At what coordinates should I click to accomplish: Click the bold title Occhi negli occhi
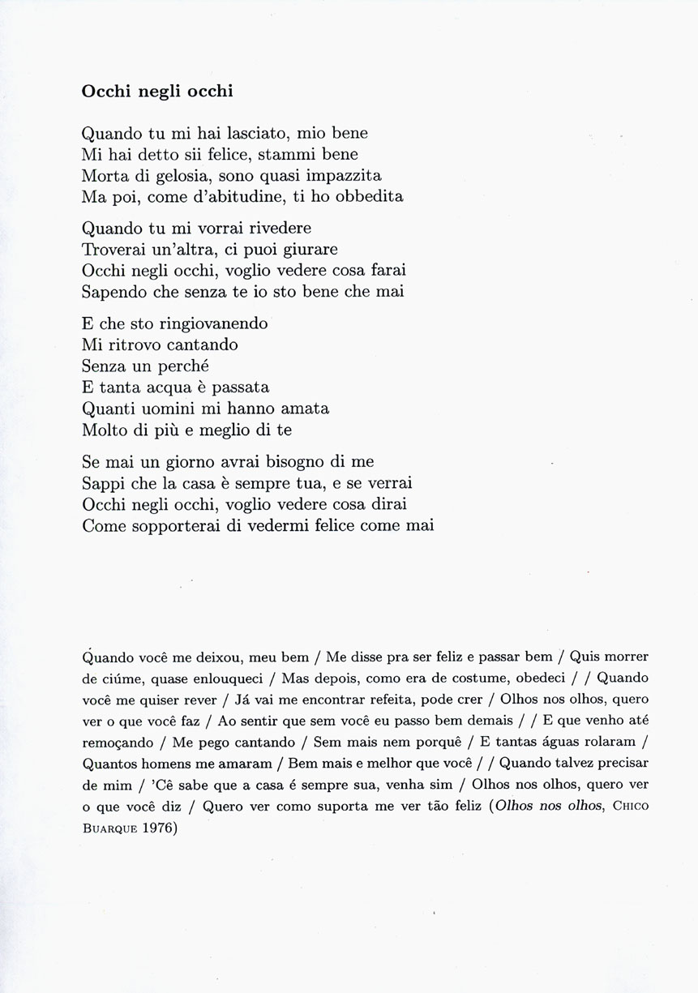(157, 92)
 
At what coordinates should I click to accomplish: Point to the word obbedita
(369, 196)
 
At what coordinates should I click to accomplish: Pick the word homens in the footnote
(166, 761)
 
